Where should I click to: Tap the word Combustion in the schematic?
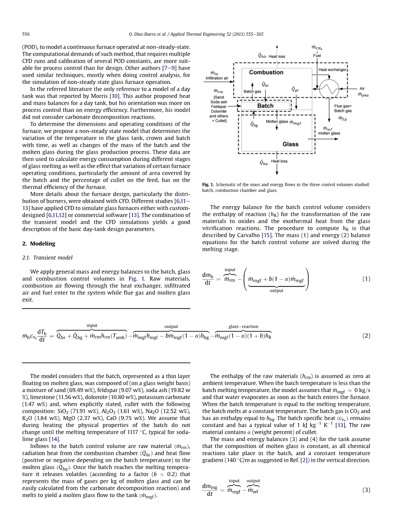(266, 72)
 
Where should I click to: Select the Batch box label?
(265, 105)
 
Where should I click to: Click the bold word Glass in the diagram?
(290, 144)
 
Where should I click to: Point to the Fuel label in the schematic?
(317, 55)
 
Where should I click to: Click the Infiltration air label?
(217, 78)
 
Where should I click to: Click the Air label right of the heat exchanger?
(362, 88)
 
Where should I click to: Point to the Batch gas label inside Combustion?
(252, 91)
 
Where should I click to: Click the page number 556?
(25, 34)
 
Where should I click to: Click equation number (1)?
(366, 279)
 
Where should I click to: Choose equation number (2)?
(366, 336)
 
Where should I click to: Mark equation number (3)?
(366, 490)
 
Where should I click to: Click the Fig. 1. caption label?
(208, 185)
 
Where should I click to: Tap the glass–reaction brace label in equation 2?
(244, 327)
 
